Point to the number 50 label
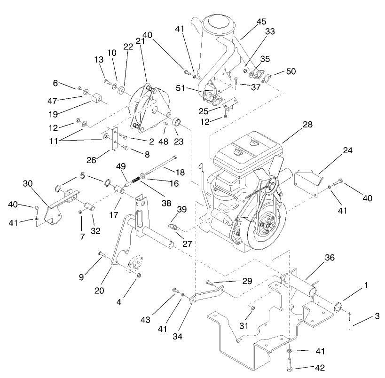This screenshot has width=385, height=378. (x=291, y=71)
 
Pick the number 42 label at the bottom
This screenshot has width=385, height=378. (x=306, y=368)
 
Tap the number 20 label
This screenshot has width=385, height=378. (x=99, y=291)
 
